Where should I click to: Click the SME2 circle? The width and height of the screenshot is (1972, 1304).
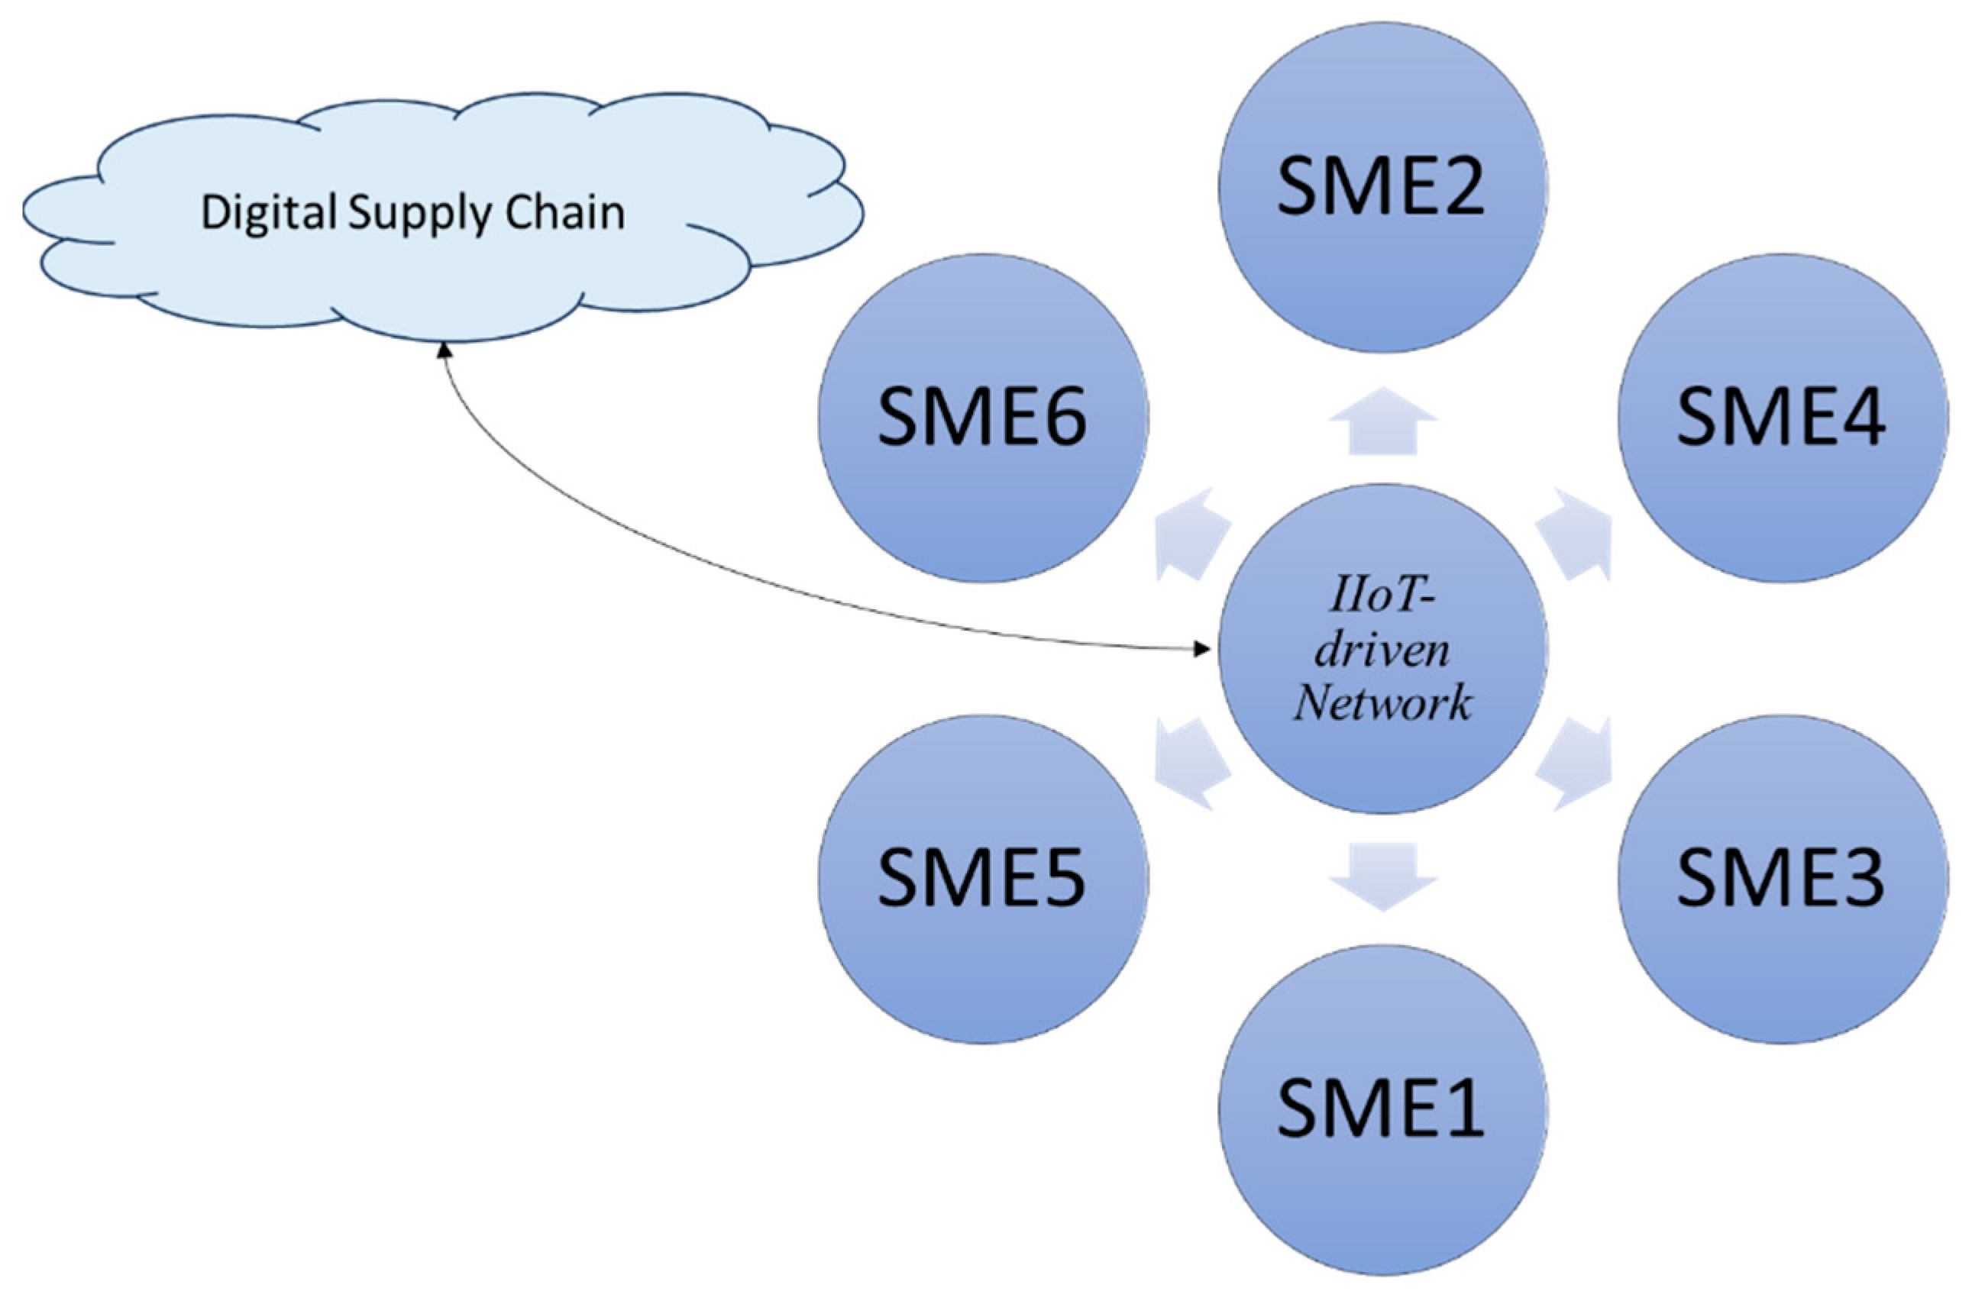pos(1382,187)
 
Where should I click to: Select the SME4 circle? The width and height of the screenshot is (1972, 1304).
pos(1783,418)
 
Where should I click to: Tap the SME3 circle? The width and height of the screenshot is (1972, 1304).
pos(1783,879)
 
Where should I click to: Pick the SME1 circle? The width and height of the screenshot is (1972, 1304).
pos(1382,1110)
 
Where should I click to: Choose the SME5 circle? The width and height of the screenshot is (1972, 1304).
pos(982,879)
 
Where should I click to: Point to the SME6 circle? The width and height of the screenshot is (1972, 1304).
pos(982,418)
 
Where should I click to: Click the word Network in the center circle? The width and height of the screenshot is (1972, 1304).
pos(1382,702)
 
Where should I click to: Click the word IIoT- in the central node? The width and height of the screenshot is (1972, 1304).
pos(1383,597)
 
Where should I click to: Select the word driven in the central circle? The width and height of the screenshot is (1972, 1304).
pos(1382,650)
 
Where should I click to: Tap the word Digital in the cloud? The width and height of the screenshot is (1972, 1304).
pos(268,214)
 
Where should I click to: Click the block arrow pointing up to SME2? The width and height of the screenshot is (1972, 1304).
pos(1382,421)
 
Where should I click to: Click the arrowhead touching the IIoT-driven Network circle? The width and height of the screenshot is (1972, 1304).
pos(1202,648)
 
